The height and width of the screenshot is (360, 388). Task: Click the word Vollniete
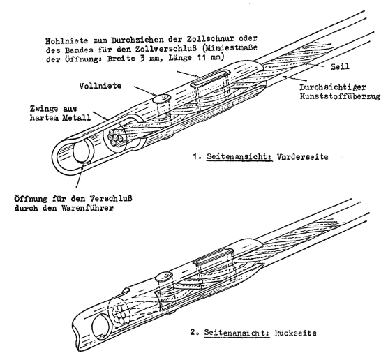[x=100, y=86]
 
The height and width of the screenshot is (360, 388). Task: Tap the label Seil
[x=340, y=66]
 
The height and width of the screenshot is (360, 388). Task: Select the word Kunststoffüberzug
[x=340, y=96]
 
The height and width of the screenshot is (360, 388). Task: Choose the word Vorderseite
[x=302, y=156]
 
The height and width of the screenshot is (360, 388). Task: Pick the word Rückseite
[x=295, y=333]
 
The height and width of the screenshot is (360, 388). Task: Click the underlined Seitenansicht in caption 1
[x=239, y=156]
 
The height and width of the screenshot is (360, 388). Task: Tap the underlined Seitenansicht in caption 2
[x=237, y=333]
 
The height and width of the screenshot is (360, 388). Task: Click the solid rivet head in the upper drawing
[x=161, y=98]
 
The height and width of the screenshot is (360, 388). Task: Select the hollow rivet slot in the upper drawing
[x=210, y=77]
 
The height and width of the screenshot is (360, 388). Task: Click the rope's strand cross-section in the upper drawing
[x=115, y=137]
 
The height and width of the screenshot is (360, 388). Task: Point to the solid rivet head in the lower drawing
[x=163, y=276]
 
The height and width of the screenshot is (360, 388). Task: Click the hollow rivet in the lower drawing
[x=213, y=257]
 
